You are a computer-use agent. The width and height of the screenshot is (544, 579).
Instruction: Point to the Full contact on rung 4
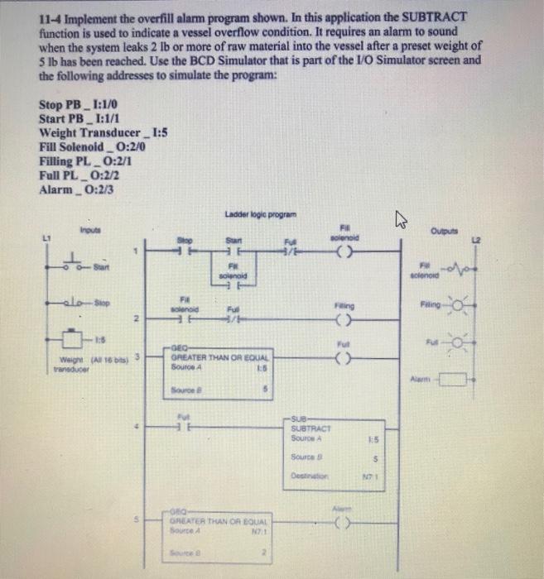pyautogui.click(x=176, y=428)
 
